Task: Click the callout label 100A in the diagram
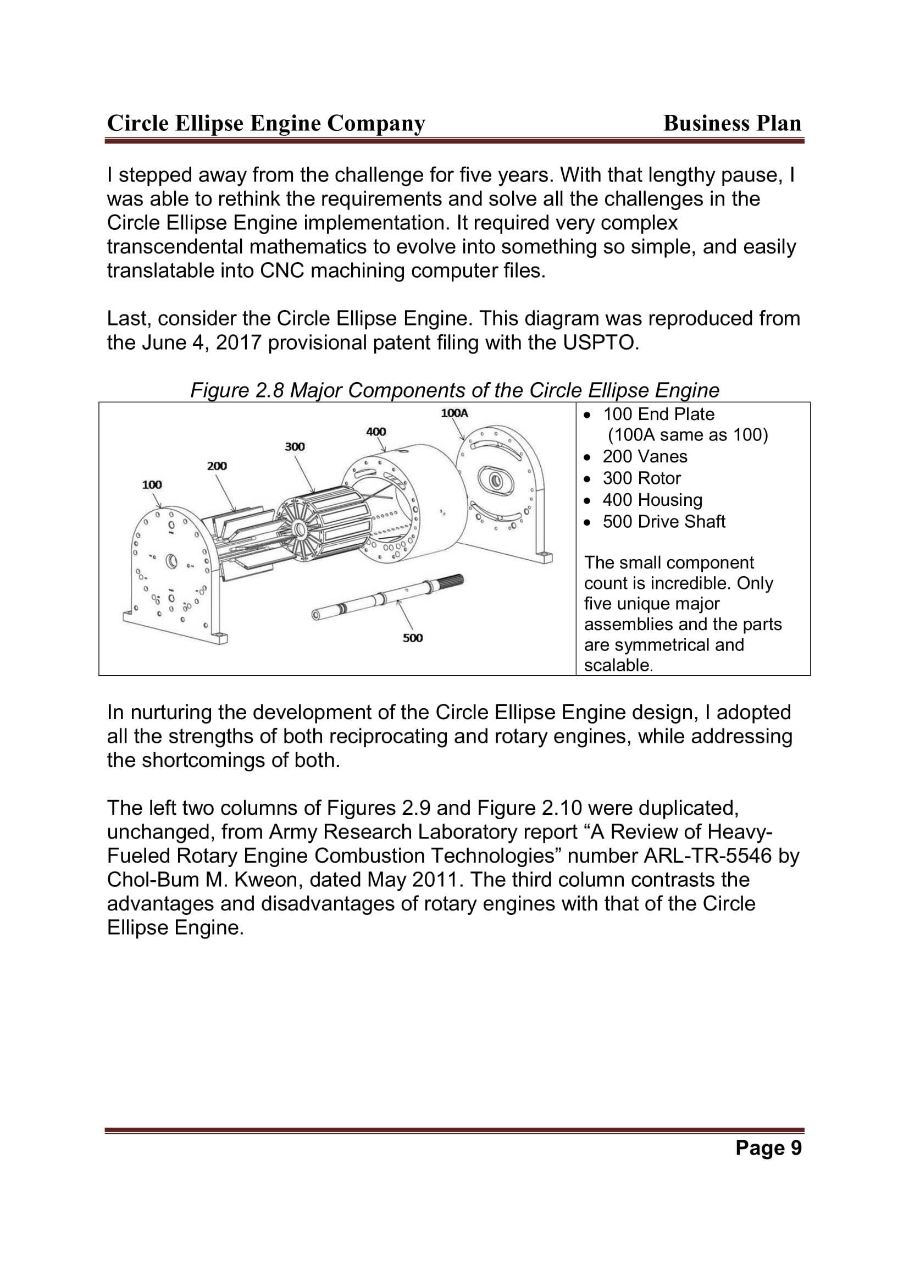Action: [x=454, y=413]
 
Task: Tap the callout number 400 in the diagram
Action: [x=376, y=432]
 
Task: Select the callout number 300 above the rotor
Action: [x=295, y=447]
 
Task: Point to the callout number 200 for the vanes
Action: [x=217, y=466]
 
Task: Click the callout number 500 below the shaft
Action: [x=413, y=638]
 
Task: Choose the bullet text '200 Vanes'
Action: [x=645, y=456]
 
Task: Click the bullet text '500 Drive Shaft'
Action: [x=664, y=521]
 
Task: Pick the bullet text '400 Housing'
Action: [x=652, y=500]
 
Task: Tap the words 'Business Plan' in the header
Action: [x=732, y=123]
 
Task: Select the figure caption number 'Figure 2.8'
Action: [x=238, y=390]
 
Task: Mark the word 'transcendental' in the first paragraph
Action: [x=175, y=247]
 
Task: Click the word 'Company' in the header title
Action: [x=376, y=124]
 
